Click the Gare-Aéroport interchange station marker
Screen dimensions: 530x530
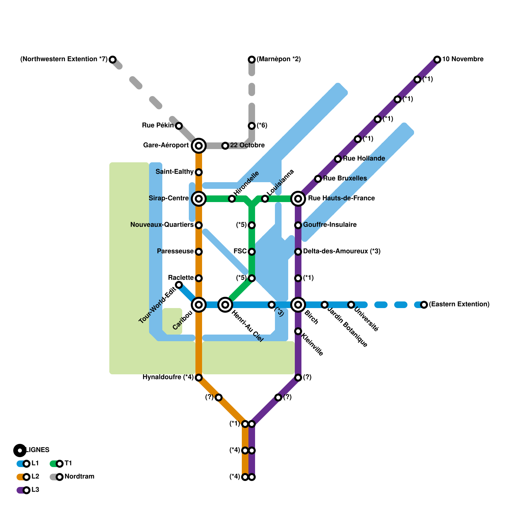[199, 146]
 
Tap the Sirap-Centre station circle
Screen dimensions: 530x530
[199, 199]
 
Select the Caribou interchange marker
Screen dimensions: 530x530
[199, 305]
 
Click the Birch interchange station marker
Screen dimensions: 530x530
[298, 305]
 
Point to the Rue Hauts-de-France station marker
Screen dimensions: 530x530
[298, 199]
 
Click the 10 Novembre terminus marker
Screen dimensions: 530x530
[437, 60]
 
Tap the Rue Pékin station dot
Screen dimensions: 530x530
[179, 126]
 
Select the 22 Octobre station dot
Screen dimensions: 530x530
[225, 146]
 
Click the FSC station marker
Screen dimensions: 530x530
[252, 252]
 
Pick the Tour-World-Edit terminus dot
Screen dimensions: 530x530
[179, 285]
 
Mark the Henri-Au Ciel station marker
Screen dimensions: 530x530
[225, 305]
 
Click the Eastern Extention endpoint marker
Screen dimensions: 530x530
[424, 305]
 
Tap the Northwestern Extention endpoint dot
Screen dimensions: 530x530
[113, 60]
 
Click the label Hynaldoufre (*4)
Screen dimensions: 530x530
[168, 377]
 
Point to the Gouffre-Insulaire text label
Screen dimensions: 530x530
[330, 225]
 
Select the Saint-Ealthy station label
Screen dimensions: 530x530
[174, 172]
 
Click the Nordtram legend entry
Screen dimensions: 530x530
[79, 477]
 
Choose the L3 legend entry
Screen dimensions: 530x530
[35, 490]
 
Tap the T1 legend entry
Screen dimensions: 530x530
[68, 463]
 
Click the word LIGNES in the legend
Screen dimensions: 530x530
[37, 450]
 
